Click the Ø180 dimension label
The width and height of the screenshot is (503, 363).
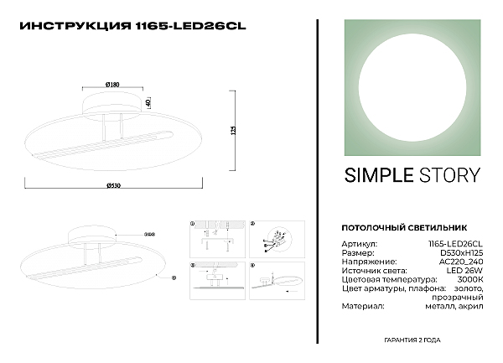111,84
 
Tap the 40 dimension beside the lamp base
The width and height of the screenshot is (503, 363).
148,102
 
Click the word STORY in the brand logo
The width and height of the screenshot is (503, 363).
449,175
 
